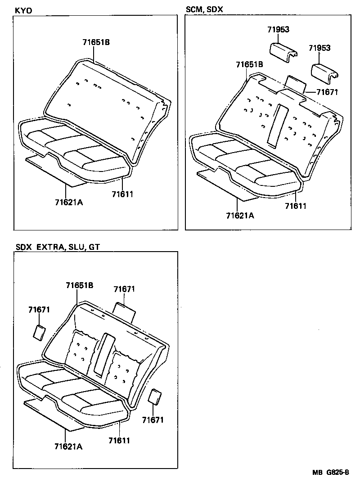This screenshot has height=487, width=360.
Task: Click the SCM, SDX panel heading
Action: [204, 9]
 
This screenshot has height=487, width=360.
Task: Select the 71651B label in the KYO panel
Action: [96, 43]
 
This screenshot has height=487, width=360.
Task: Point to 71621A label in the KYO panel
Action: [68, 202]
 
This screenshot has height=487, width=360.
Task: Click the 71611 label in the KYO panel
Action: [122, 194]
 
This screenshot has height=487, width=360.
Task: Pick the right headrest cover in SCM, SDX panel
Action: [326, 71]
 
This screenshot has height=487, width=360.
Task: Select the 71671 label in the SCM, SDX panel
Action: [327, 92]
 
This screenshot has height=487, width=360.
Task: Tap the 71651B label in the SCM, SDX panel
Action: [249, 65]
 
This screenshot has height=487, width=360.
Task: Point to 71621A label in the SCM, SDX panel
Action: [240, 216]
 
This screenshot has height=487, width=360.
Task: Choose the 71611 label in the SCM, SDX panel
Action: [296, 206]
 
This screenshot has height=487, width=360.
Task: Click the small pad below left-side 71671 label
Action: [39, 332]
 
